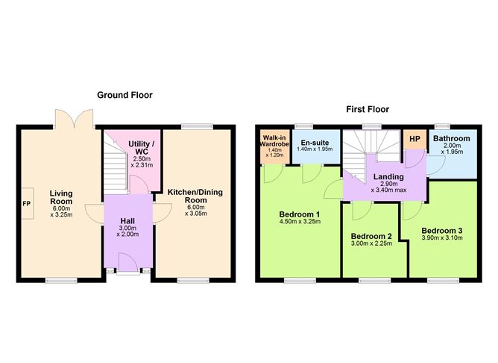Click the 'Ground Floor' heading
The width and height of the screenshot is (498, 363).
pos(124,95)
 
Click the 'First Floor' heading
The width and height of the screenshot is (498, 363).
pos(367,109)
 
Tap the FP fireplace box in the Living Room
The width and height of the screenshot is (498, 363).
pos(26,202)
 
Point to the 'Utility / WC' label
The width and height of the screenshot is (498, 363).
pos(141,148)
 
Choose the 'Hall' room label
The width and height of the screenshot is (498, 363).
pos(128,221)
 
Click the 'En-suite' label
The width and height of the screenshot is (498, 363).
pos(312,140)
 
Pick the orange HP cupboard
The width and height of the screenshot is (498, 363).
pos(413,139)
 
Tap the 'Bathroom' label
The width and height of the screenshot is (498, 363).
pos(453,139)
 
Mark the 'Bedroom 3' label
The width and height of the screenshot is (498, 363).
pos(441,230)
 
